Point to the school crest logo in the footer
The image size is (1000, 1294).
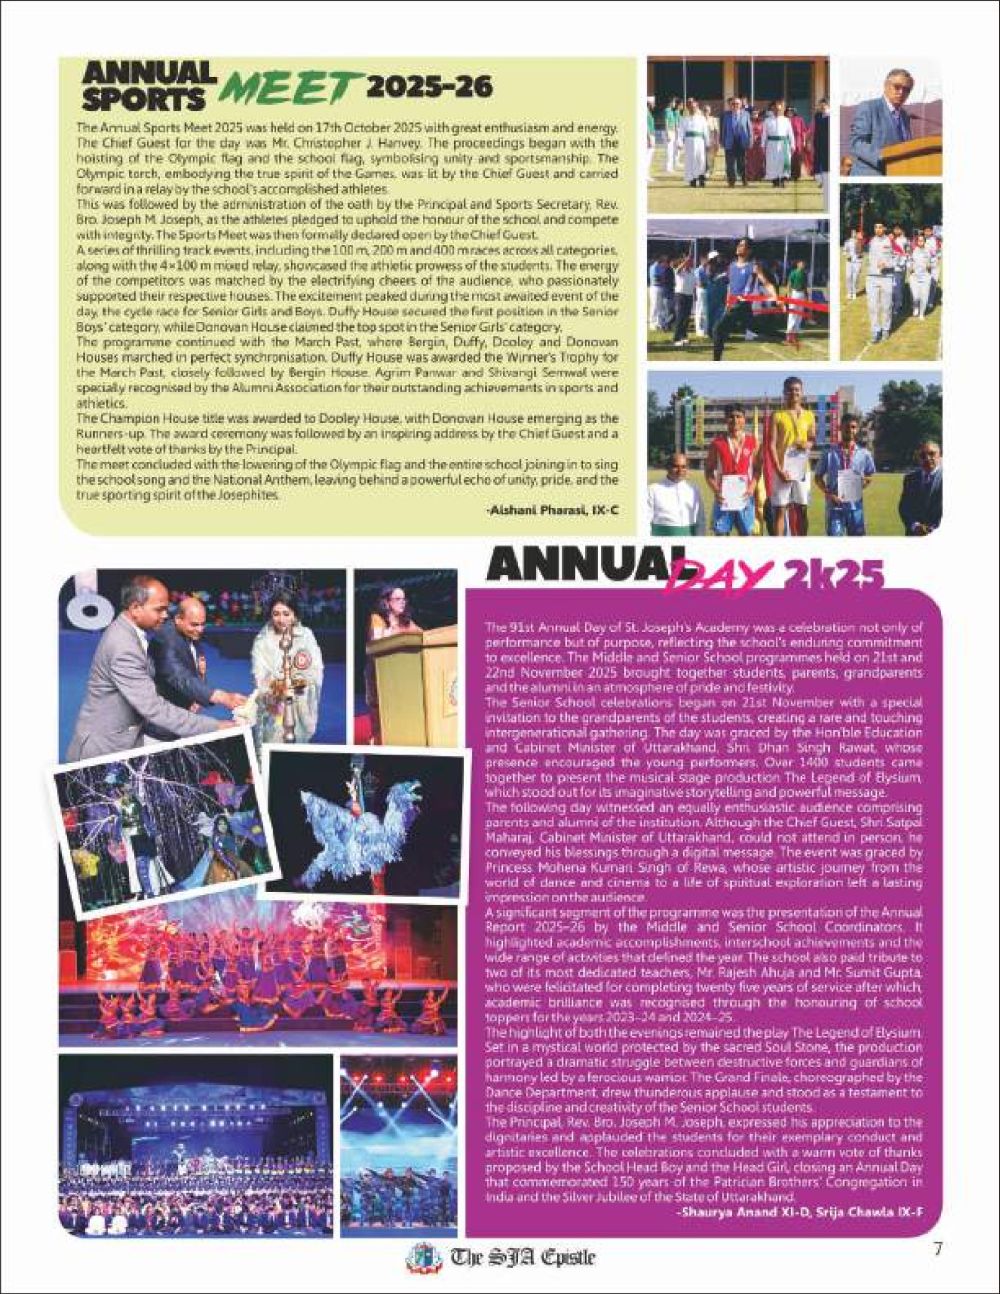click(x=423, y=1257)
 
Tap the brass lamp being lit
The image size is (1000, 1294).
click(x=287, y=690)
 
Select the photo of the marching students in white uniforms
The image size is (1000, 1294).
click(x=890, y=272)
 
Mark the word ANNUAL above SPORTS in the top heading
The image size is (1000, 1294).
click(x=150, y=73)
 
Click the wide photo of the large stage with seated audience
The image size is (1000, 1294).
click(x=195, y=1144)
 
